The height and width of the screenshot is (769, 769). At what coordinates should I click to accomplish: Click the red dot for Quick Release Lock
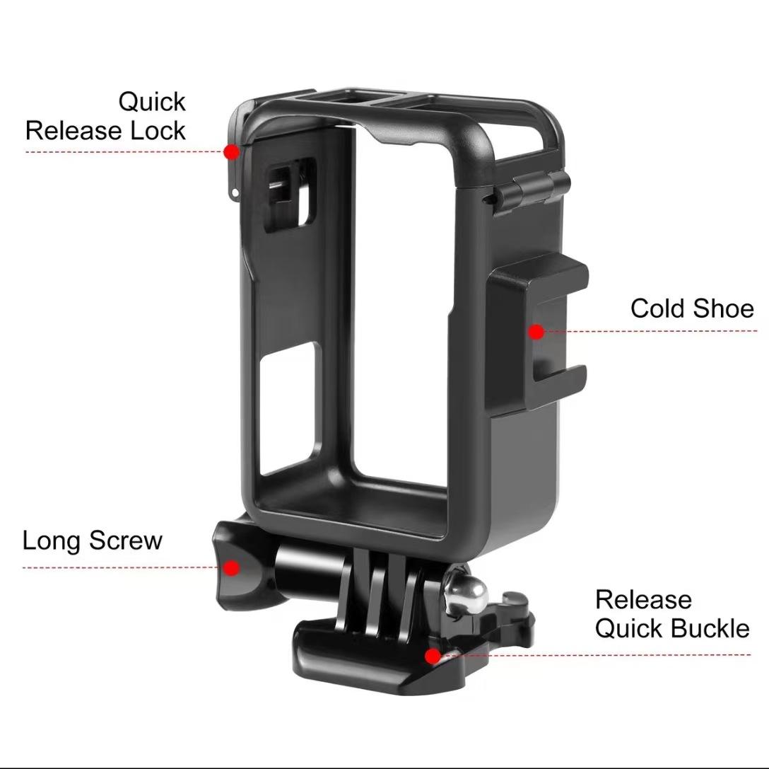coord(230,151)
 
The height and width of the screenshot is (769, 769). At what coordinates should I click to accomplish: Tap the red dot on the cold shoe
coord(536,331)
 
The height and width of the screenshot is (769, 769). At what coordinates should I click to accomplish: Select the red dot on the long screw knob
coord(231,567)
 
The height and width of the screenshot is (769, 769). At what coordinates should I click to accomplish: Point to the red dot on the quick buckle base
coord(431,656)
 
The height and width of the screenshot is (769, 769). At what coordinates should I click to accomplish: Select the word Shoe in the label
coord(723,308)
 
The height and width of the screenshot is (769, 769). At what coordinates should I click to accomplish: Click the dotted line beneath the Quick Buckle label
coord(601,655)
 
